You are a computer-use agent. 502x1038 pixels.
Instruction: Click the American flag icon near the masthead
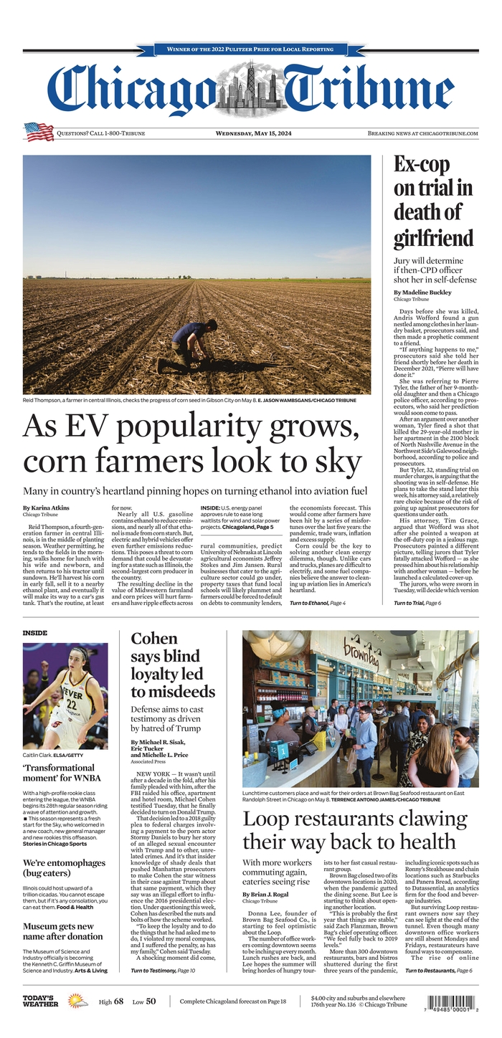[39, 132]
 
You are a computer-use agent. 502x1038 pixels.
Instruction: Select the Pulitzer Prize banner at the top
[250, 49]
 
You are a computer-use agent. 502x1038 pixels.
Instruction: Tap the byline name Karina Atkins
[46, 508]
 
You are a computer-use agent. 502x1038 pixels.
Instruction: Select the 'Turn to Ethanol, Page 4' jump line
[318, 604]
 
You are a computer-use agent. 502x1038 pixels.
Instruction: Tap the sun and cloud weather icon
[77, 1001]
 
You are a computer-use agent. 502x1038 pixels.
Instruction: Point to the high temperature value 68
[119, 1001]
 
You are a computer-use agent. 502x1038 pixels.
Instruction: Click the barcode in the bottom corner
[453, 1002]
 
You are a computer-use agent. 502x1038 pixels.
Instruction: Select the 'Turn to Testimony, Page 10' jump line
[163, 970]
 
